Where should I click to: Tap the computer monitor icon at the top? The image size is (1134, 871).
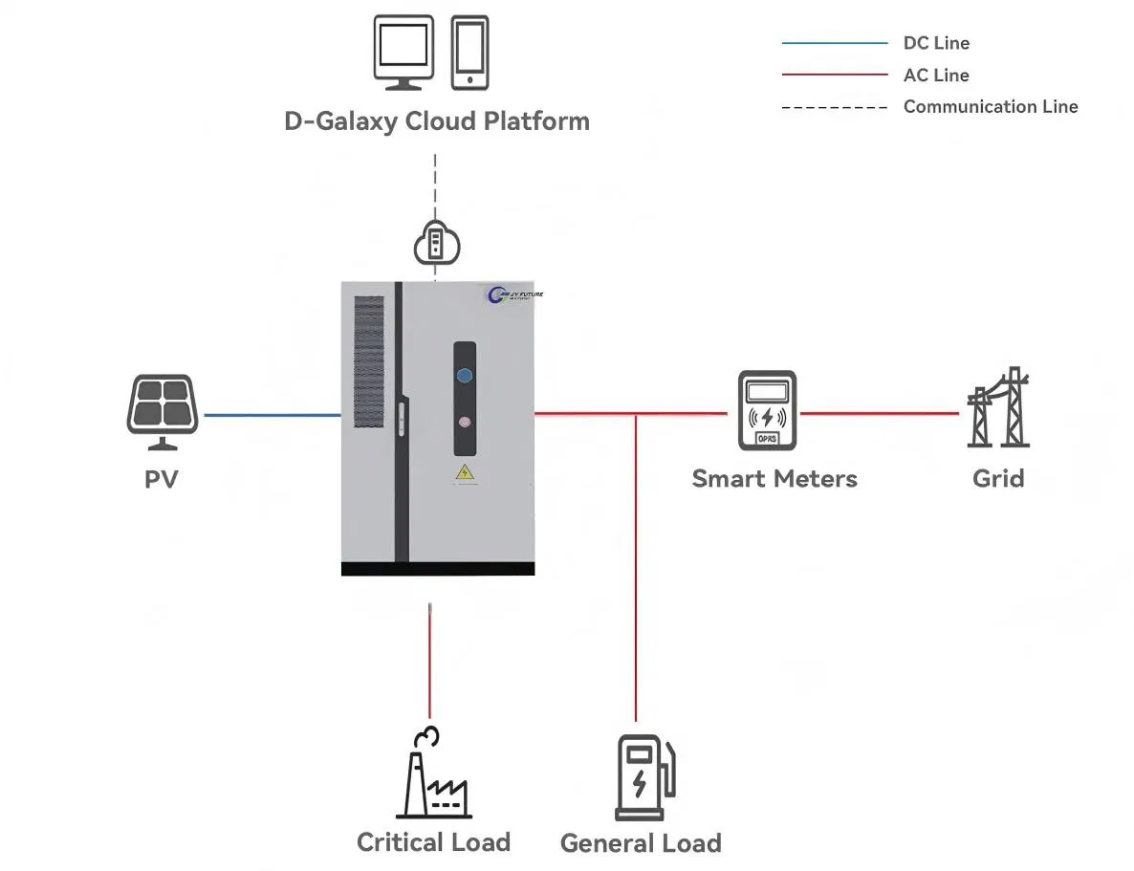pyautogui.click(x=402, y=53)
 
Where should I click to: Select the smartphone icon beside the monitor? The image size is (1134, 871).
pyautogui.click(x=469, y=53)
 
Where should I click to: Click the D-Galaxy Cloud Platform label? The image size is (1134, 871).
pyautogui.click(x=437, y=121)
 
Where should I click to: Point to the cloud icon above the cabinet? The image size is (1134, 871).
pyautogui.click(x=436, y=243)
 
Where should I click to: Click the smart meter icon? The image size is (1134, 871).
pyautogui.click(x=767, y=411)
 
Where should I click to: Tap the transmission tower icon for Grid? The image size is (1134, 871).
pyautogui.click(x=998, y=408)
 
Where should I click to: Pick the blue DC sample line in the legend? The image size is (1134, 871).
pyautogui.click(x=834, y=43)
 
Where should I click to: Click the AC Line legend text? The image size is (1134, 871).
pyautogui.click(x=936, y=75)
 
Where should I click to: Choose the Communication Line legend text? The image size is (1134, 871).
pyautogui.click(x=990, y=107)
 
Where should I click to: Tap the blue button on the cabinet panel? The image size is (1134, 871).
pyautogui.click(x=465, y=375)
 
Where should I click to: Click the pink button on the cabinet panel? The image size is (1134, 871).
pyautogui.click(x=465, y=422)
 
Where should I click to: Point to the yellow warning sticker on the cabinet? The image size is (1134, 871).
pyautogui.click(x=465, y=473)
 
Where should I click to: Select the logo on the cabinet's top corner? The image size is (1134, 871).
pyautogui.click(x=514, y=295)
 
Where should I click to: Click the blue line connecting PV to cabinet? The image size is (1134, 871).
pyautogui.click(x=272, y=415)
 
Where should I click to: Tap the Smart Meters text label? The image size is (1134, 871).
pyautogui.click(x=774, y=478)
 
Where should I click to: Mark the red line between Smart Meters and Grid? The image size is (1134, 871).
pyautogui.click(x=880, y=413)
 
